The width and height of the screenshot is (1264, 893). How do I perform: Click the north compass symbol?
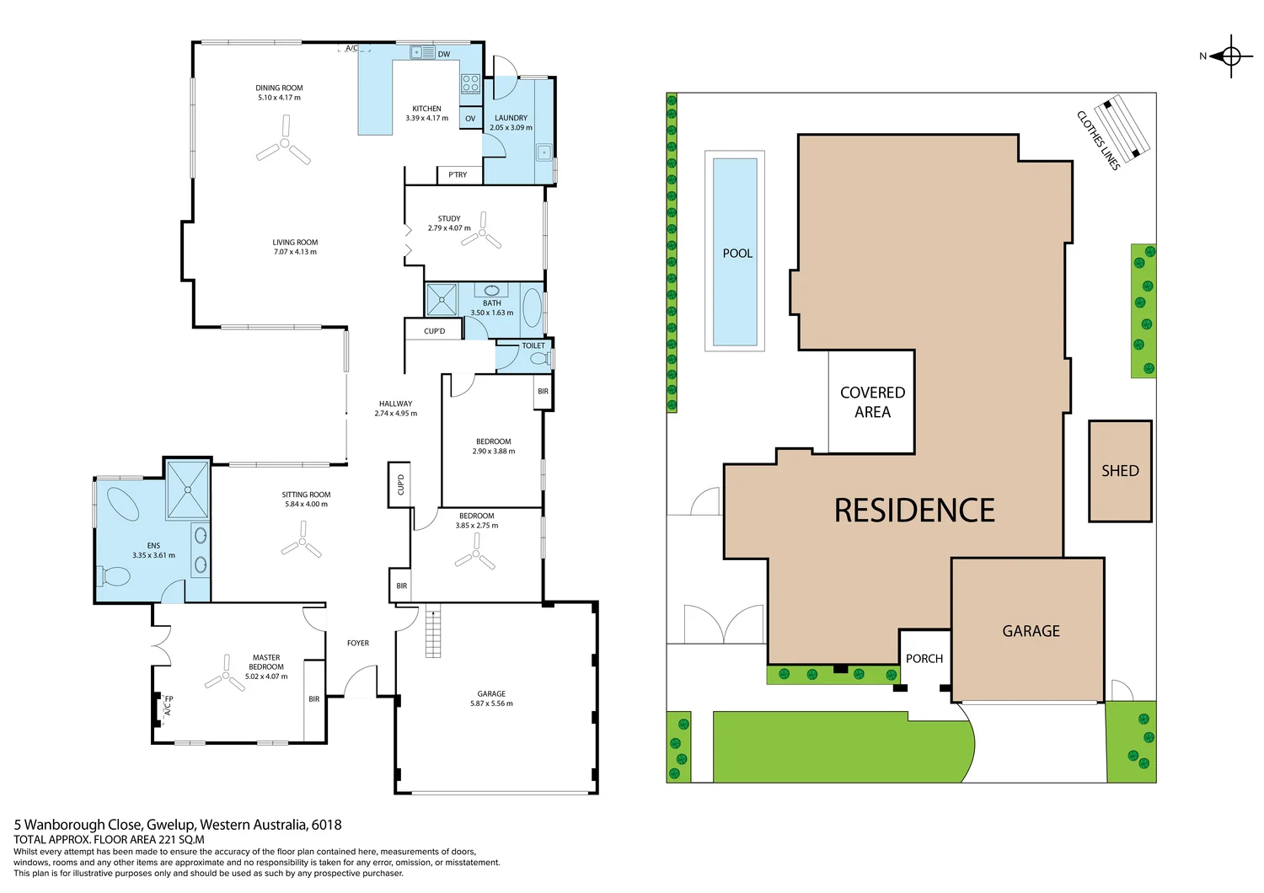tap(1230, 56)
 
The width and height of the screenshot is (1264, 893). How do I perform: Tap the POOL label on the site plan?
tap(737, 253)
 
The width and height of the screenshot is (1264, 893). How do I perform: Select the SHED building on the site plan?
tap(1120, 471)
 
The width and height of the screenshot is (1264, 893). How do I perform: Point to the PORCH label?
tap(924, 659)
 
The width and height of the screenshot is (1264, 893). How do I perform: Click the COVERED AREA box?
tap(872, 402)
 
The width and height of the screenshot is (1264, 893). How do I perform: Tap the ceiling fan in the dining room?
tap(284, 145)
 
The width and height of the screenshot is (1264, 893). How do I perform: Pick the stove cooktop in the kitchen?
tap(470, 83)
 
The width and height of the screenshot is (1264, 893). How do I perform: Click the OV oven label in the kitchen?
tap(470, 119)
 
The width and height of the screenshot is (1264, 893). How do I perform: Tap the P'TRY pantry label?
tap(458, 175)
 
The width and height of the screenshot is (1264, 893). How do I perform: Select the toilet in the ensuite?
tap(115, 576)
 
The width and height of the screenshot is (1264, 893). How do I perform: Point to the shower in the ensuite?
tap(187, 489)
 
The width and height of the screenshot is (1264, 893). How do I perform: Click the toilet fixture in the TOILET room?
tap(538, 359)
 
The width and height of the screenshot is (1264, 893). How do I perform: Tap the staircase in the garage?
tap(432, 631)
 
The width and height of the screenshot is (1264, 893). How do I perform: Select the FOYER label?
tap(358, 643)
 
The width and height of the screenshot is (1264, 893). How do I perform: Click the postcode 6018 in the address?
tap(326, 825)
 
